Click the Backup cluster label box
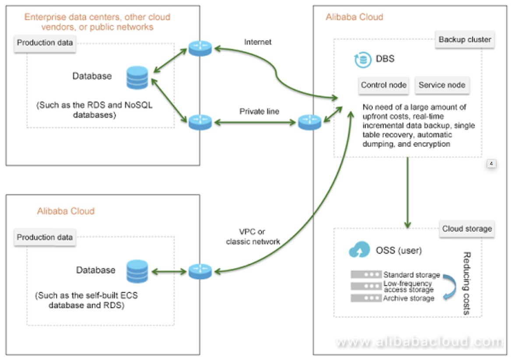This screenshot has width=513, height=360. coord(465,40)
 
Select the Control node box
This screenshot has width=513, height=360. coord(384,85)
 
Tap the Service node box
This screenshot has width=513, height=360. coord(442,85)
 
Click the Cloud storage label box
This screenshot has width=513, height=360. coord(467,229)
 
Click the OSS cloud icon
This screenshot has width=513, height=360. coord(359,251)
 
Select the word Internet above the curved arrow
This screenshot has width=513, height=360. coord(258,42)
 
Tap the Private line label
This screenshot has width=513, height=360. coord(259,111)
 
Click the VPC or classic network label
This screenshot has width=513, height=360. coord(253,236)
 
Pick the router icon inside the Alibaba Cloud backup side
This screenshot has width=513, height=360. coord(309,122)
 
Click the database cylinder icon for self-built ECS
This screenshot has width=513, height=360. coord(137,272)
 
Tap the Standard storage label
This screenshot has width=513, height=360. coord(411,275)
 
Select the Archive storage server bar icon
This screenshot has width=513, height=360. coord(365,298)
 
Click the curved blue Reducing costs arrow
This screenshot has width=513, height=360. coord(448,287)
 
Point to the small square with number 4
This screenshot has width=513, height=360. coord(491,164)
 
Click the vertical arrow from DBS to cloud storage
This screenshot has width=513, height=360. coord(408,192)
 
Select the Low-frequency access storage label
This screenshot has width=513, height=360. coord(408,287)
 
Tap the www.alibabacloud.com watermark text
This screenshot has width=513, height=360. coord(419,342)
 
